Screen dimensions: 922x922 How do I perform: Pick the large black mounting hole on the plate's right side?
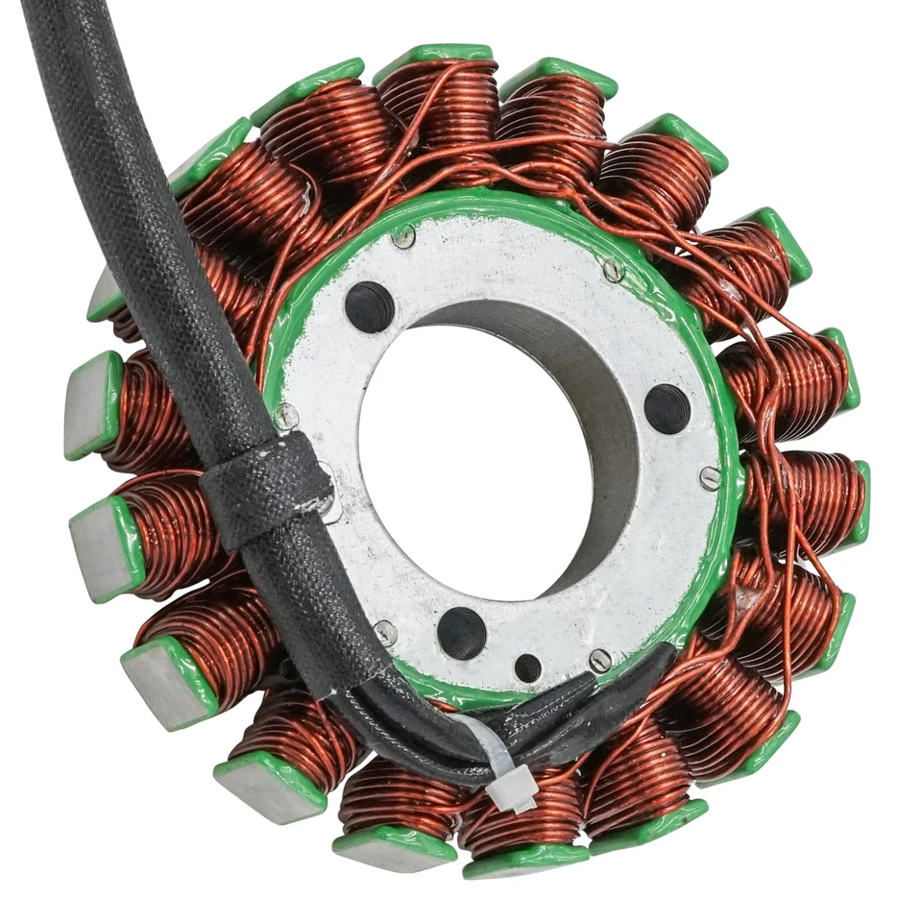click(x=667, y=408)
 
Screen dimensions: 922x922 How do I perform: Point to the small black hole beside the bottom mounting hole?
click(x=527, y=667)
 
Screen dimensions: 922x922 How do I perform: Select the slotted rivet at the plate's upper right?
click(x=613, y=271)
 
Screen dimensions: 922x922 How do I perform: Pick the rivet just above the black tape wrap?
click(x=285, y=416)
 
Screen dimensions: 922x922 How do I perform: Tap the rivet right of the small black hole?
click(x=599, y=661)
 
